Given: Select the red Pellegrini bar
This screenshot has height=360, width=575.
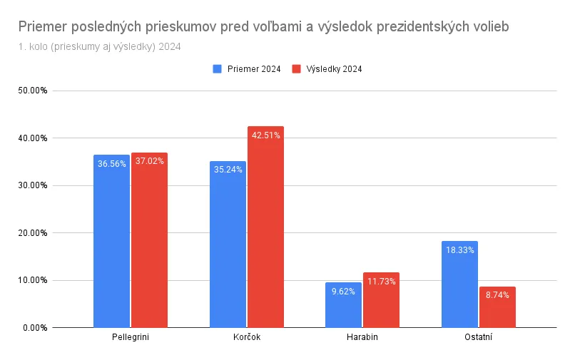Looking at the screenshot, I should tap(149, 240).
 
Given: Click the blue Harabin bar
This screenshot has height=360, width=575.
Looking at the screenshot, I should tap(343, 305).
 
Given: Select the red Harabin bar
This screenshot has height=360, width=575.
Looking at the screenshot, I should tap(381, 300).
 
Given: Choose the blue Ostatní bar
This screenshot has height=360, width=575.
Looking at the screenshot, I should tap(459, 284).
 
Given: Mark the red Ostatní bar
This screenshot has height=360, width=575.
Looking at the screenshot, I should tap(497, 307).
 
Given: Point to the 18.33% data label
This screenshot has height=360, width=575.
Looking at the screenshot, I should tap(459, 250).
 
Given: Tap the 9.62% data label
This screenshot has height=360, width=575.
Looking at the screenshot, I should tap(343, 292).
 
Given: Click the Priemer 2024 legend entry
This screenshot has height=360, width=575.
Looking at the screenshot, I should tap(247, 68).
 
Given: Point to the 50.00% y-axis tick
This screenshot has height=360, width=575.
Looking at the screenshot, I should tap(33, 91).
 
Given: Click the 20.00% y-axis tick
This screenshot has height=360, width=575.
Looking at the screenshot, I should tap(33, 233).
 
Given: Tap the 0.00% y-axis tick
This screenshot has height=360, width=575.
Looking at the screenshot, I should tap(35, 328).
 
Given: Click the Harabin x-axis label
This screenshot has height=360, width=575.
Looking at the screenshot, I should tap(362, 337).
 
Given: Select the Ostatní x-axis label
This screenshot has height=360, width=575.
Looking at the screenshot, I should tap(478, 337).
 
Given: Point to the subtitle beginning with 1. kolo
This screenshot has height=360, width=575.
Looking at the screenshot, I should tap(100, 47).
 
